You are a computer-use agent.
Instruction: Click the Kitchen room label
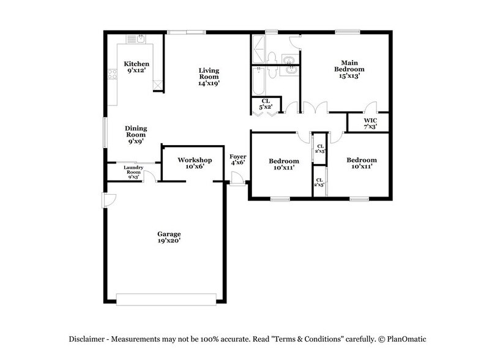click(x=136, y=67)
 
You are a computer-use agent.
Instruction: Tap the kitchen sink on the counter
click(x=136, y=39)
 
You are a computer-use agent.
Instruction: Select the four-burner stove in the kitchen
click(x=113, y=75)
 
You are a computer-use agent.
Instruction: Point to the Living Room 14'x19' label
click(x=209, y=77)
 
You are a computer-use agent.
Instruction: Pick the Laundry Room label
click(x=133, y=170)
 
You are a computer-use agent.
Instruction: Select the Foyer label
click(x=237, y=159)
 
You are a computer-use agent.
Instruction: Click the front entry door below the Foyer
click(x=236, y=181)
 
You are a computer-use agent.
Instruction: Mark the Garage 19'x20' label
click(x=168, y=237)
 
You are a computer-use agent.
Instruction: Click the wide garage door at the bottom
click(x=166, y=299)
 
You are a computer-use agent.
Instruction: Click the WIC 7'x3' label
click(x=370, y=124)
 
